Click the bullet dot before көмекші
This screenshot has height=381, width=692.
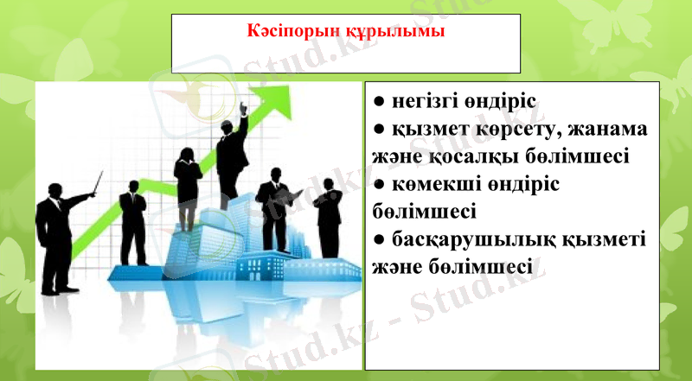(x=379, y=186)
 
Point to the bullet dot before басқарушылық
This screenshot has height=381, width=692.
(x=379, y=239)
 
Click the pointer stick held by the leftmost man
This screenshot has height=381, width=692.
(x=97, y=183)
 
